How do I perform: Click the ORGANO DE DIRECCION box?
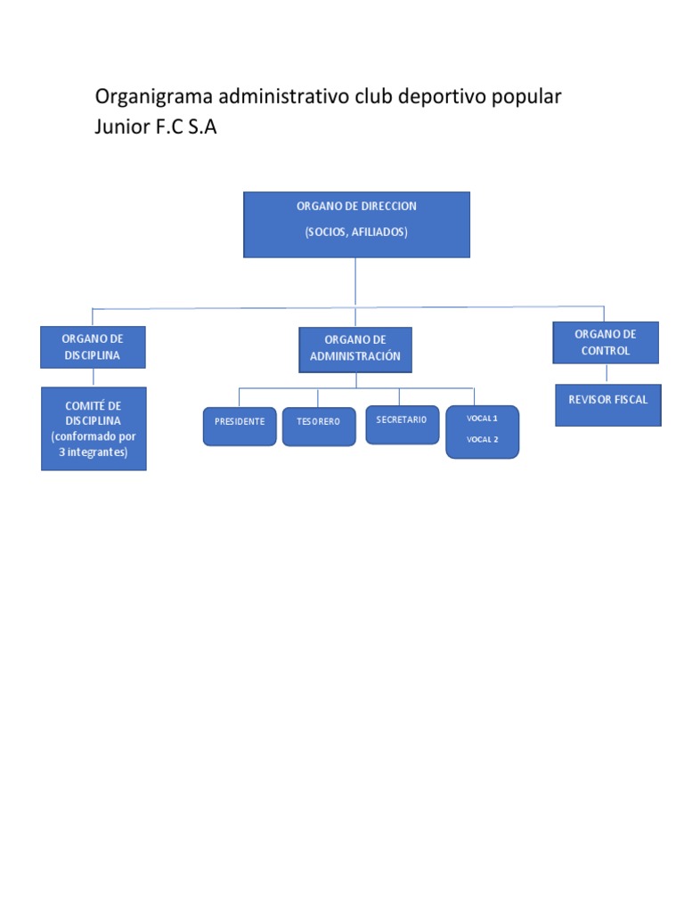356,224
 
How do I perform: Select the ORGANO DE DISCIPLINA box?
93,347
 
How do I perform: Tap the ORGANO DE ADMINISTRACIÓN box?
355,349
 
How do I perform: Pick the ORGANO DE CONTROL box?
606,343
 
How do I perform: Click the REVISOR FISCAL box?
607,405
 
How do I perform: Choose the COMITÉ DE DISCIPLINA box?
94,428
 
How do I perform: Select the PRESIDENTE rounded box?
240,427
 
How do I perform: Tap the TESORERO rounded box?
319,427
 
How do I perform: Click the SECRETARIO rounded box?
402,425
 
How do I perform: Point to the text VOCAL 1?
482,419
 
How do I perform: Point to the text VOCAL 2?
482,439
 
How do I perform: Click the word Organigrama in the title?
153,97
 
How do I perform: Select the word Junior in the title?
121,126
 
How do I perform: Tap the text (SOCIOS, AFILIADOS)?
356,232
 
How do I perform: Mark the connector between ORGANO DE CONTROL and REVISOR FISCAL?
606,373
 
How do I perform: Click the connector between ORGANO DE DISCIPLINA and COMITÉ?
93,378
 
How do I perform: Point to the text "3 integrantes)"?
93,452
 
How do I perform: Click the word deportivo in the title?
442,97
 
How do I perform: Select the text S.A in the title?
202,126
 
